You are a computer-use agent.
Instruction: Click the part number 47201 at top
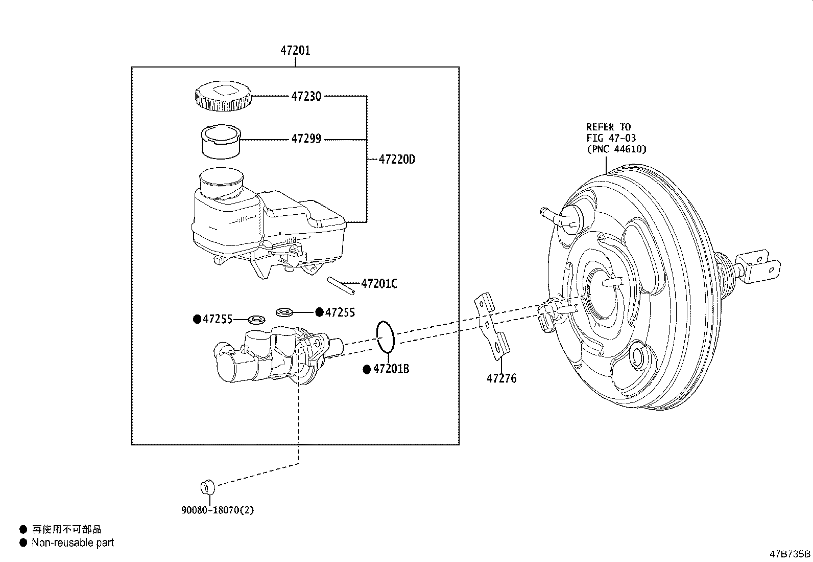(x=295, y=51)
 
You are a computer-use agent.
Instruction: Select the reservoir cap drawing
(x=223, y=97)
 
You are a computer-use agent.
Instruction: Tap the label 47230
(x=306, y=96)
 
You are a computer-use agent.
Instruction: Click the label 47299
(x=306, y=139)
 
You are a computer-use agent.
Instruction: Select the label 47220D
(x=397, y=160)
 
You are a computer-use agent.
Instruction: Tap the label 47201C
(x=378, y=284)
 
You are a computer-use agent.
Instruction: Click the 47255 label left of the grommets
(x=217, y=320)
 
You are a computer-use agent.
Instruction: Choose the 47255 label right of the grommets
(x=340, y=312)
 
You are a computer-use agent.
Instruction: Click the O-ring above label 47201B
(x=386, y=336)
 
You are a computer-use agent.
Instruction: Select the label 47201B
(x=391, y=369)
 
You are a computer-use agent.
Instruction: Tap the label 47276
(x=501, y=379)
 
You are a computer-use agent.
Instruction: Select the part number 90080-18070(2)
(x=217, y=510)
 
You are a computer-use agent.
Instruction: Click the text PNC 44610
(x=616, y=149)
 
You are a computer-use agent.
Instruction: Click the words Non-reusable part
(x=73, y=543)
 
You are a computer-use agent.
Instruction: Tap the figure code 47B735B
(x=790, y=554)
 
